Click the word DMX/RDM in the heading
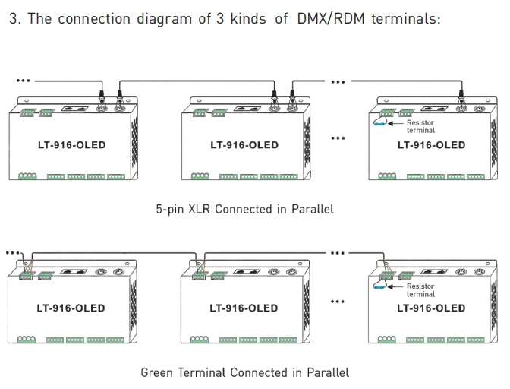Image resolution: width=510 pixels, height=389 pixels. coord(330,18)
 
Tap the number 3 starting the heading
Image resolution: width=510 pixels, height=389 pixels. coord(13,18)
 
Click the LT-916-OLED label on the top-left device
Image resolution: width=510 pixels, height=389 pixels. coord(71,145)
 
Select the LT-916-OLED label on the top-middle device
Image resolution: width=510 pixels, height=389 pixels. coord(244,145)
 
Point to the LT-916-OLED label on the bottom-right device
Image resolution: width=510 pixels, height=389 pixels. coord(431,308)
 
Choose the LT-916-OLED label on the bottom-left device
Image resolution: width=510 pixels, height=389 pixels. coord(71,308)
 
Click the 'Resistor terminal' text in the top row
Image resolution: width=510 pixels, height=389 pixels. coord(420,126)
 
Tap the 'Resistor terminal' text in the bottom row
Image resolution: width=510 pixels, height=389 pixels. coord(420,290)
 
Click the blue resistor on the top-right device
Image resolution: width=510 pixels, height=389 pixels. coord(379,124)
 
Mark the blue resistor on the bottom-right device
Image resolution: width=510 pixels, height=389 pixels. coord(379,287)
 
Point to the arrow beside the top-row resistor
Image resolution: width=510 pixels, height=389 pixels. coord(395,123)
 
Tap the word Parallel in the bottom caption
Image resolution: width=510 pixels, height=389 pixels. coord(328,372)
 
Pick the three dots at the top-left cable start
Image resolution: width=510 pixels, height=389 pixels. coord(23,81)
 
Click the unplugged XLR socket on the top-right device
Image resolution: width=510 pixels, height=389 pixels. coord(479,109)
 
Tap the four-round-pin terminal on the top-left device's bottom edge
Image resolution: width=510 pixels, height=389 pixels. coord(27,176)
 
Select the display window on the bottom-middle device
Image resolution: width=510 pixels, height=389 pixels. coord(247,271)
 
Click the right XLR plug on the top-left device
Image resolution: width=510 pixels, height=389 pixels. coord(119,96)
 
